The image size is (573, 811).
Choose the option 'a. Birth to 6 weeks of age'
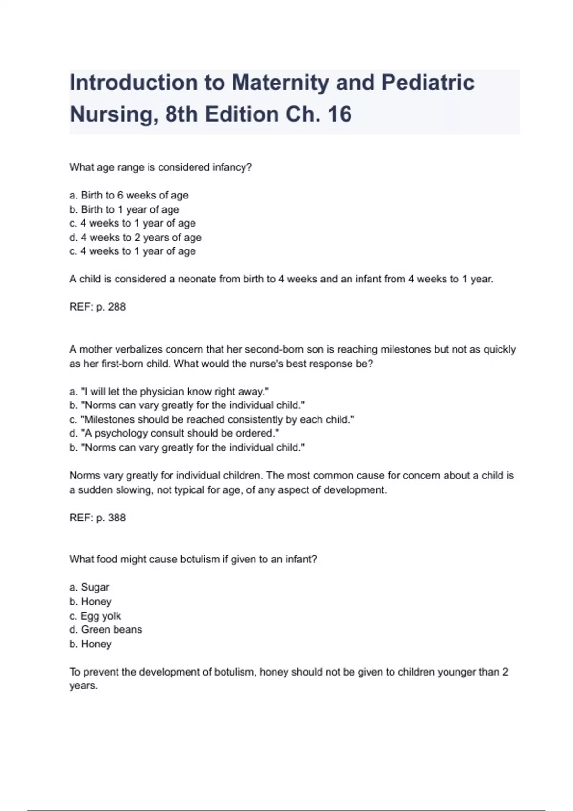129,195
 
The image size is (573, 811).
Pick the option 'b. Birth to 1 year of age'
124,209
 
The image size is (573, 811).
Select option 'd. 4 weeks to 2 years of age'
135,237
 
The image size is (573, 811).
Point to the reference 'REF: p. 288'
97,307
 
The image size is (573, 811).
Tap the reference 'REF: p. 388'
97,518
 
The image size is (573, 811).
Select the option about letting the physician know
169,392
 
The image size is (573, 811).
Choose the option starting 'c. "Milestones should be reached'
212,420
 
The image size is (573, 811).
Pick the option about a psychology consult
174,433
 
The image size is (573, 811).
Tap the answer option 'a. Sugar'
89,587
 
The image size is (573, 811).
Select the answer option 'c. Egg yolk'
95,616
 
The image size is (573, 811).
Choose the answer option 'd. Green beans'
106,630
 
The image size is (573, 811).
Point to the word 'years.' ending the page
84,686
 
